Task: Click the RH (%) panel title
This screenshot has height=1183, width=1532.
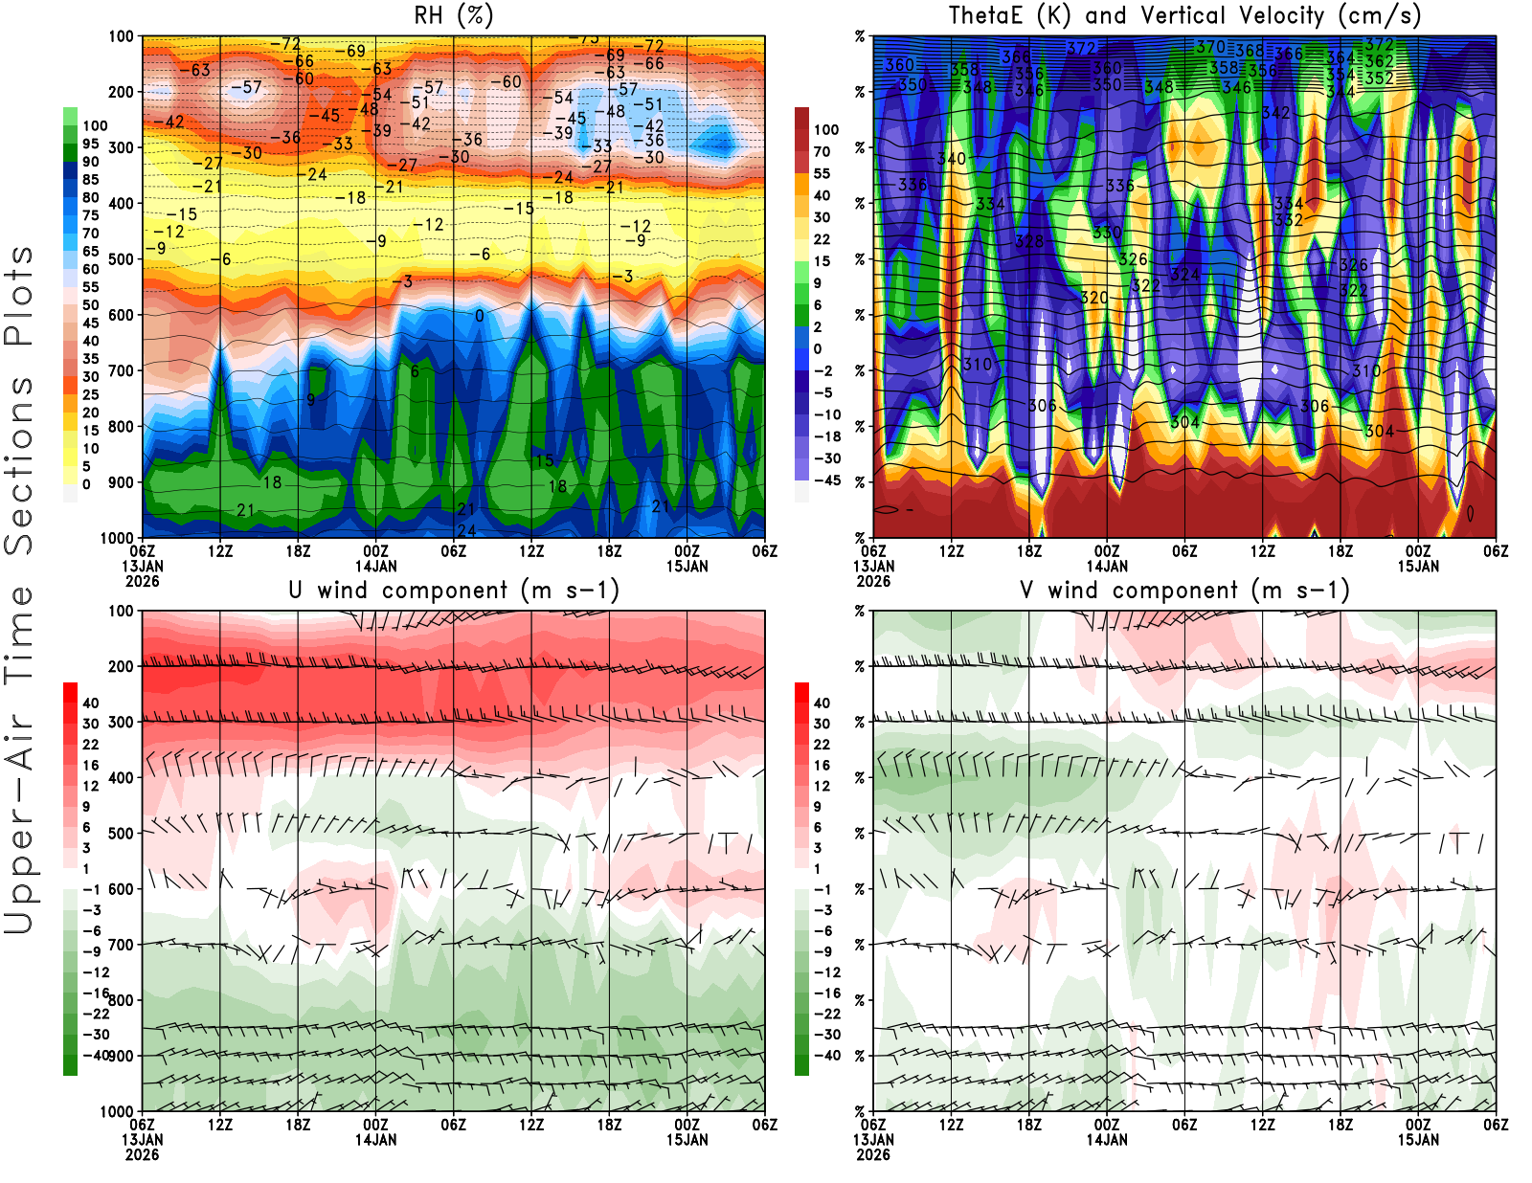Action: pyautogui.click(x=454, y=16)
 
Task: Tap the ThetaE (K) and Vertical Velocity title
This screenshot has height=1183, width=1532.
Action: pyautogui.click(x=1184, y=16)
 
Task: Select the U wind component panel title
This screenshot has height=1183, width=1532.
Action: pyautogui.click(x=454, y=591)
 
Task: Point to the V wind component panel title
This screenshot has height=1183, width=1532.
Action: pyautogui.click(x=1184, y=591)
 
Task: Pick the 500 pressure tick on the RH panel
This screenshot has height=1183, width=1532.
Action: pyautogui.click(x=121, y=259)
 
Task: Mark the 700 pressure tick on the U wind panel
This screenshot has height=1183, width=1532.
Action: pyautogui.click(x=121, y=945)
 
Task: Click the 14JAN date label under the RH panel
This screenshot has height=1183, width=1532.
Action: pyautogui.click(x=375, y=566)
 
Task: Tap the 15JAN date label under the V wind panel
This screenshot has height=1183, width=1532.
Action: pyautogui.click(x=1418, y=1140)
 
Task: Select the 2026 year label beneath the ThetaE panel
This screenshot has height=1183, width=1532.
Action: pyautogui.click(x=873, y=581)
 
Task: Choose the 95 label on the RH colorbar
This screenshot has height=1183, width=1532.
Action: pyautogui.click(x=91, y=144)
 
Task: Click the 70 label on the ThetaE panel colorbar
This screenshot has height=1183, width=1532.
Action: pyautogui.click(x=822, y=151)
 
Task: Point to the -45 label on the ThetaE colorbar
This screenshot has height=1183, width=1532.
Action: pyautogui.click(x=826, y=480)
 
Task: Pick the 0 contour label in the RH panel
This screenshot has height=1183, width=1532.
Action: pyautogui.click(x=479, y=316)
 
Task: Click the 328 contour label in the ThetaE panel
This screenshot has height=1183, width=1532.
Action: pyautogui.click(x=1029, y=241)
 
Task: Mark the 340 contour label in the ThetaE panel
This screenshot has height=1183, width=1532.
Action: pyautogui.click(x=951, y=159)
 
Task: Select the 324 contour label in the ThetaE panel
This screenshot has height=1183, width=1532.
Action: pyautogui.click(x=1184, y=275)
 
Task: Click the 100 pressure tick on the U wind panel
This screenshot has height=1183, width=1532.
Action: pyautogui.click(x=121, y=611)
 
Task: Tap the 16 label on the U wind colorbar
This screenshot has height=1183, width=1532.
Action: pyautogui.click(x=91, y=766)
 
